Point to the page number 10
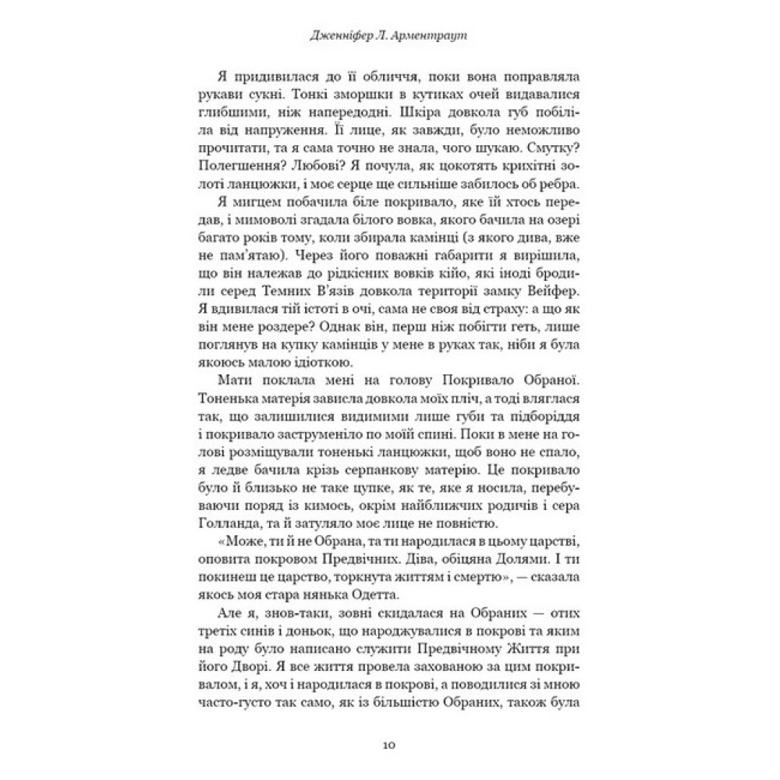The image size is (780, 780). [390, 745]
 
